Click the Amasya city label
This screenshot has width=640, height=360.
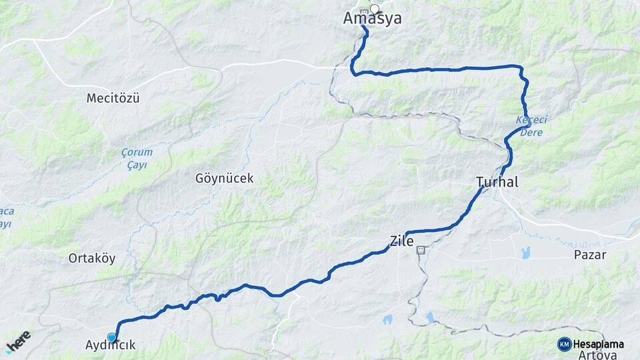click(372, 19)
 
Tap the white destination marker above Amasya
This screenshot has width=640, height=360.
click(375, 9)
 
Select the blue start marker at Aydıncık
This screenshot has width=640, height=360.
click(111, 337)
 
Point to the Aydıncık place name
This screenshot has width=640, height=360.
click(111, 345)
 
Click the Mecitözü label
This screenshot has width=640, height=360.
click(113, 99)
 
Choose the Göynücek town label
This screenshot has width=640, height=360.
click(225, 179)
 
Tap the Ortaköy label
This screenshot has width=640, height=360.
click(91, 258)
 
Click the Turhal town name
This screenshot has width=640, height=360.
click(497, 182)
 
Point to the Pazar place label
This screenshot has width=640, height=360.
click(589, 255)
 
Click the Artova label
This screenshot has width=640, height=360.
click(597, 355)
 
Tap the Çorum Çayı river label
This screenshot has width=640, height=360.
click(137, 158)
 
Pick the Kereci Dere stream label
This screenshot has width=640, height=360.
click(531, 126)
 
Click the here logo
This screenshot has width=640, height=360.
click(18, 341)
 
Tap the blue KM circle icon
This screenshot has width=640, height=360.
click(564, 344)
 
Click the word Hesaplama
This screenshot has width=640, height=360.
click(598, 344)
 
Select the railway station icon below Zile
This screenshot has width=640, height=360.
click(421, 251)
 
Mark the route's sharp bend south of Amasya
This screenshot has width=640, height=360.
click(353, 72)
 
